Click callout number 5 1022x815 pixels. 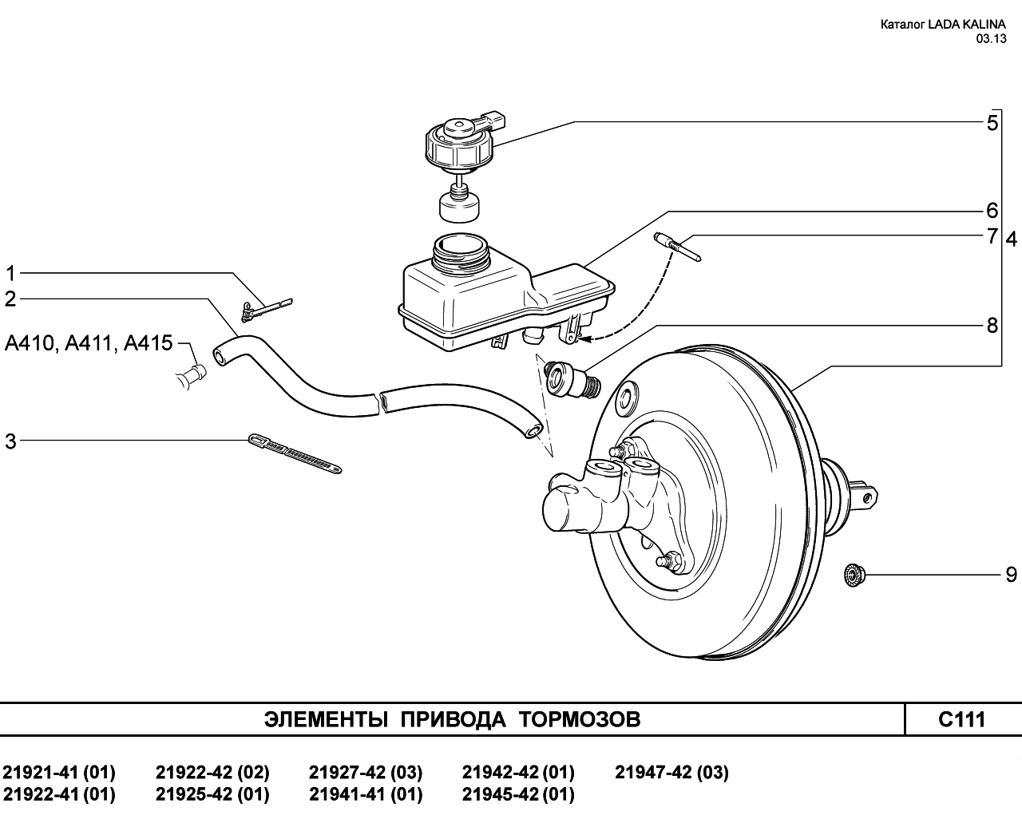pyautogui.click(x=992, y=123)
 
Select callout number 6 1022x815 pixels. pyautogui.click(x=992, y=211)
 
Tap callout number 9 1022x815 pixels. pyautogui.click(x=1011, y=574)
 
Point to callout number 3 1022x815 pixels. pyautogui.click(x=10, y=441)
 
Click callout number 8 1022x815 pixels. pyautogui.click(x=992, y=326)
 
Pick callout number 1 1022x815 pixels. pyautogui.click(x=10, y=274)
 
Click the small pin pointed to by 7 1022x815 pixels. pyautogui.click(x=677, y=247)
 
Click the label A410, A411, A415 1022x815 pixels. pyautogui.click(x=89, y=343)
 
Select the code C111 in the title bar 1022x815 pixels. pyautogui.click(x=962, y=720)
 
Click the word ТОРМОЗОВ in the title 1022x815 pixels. pyautogui.click(x=580, y=720)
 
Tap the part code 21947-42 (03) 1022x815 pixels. pyautogui.click(x=671, y=773)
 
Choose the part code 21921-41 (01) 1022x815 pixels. pyautogui.click(x=59, y=773)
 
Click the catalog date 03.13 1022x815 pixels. pyautogui.click(x=991, y=38)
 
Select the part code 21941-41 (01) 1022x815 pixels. pyautogui.click(x=366, y=795)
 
